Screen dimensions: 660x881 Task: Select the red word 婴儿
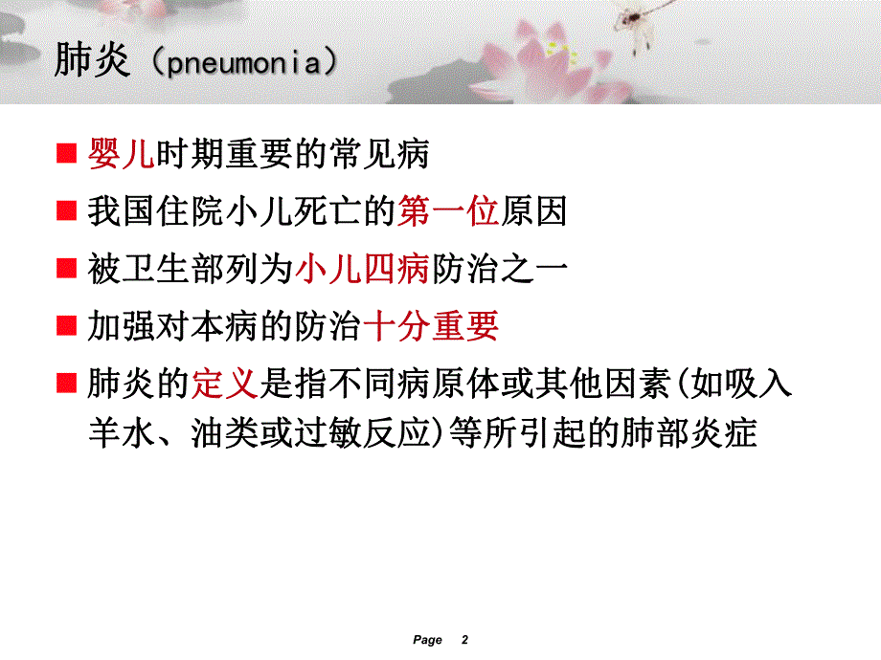tap(120, 154)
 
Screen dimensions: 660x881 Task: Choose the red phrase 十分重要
tap(433, 327)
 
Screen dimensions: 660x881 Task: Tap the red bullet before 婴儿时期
tap(66, 155)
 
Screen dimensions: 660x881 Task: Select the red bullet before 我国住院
tap(66, 212)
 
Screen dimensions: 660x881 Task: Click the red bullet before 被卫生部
tap(66, 270)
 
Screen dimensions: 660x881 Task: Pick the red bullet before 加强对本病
tap(66, 328)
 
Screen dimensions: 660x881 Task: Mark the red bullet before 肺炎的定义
tap(66, 385)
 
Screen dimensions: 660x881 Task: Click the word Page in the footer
tap(427, 640)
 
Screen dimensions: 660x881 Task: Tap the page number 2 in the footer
tap(465, 640)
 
